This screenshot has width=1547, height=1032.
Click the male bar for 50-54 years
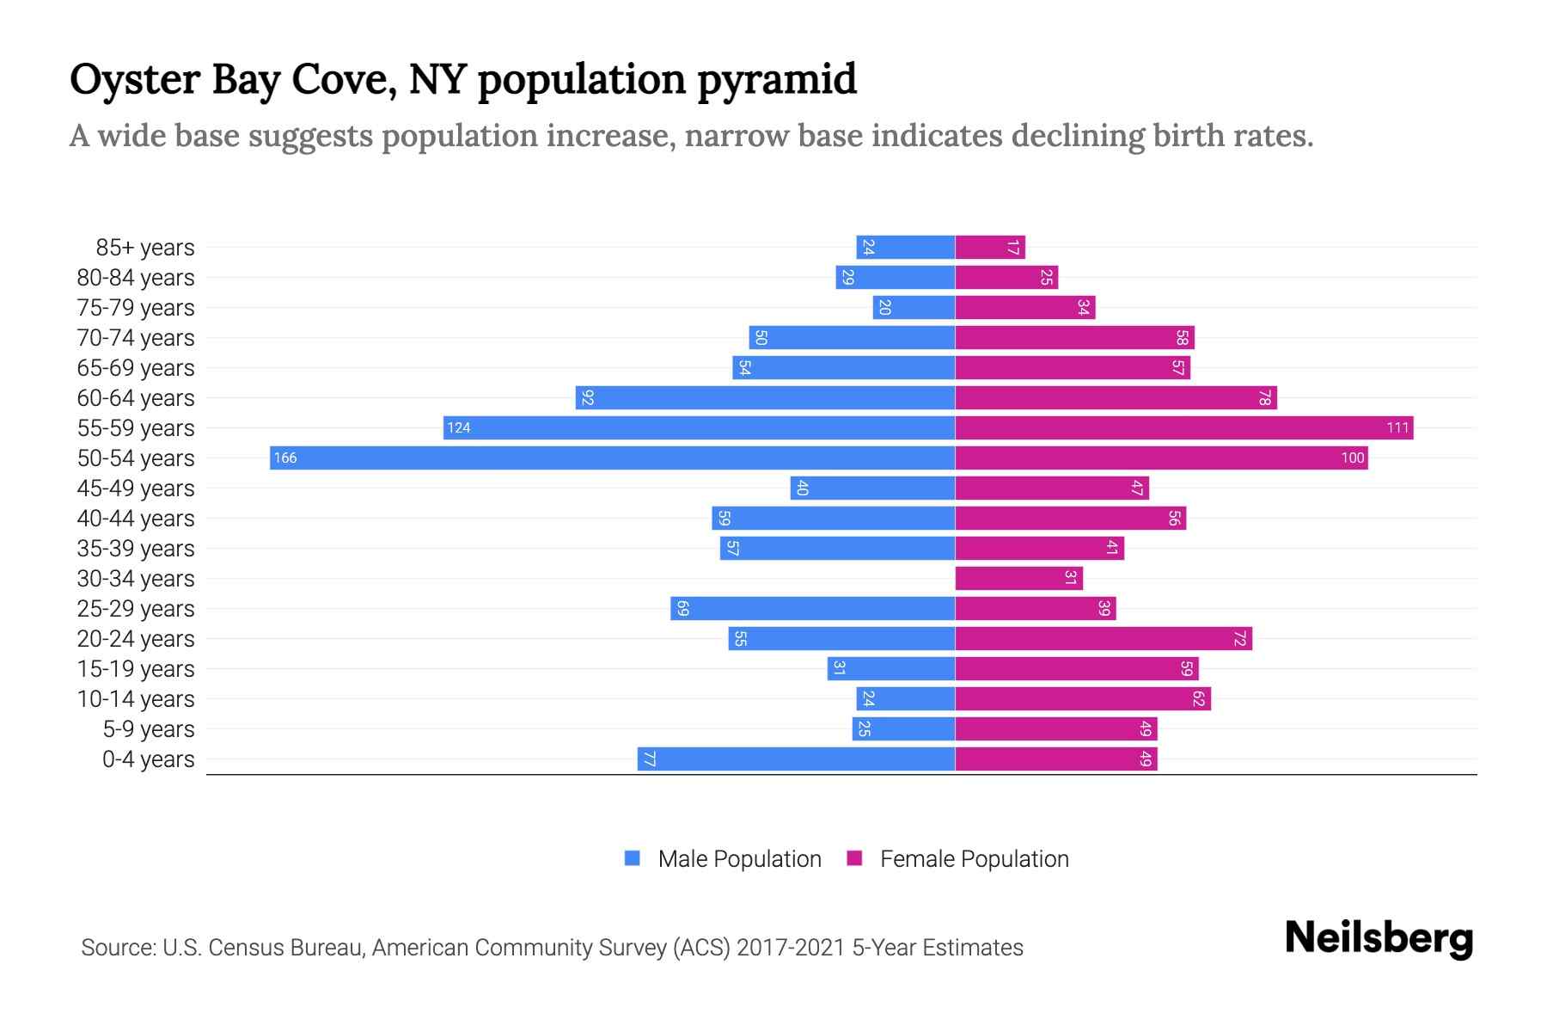(612, 458)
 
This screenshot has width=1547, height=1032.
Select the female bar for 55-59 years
(1183, 427)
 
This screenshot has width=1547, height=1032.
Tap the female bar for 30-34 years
(1018, 578)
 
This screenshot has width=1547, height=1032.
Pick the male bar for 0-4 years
(796, 759)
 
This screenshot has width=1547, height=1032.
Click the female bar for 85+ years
(990, 248)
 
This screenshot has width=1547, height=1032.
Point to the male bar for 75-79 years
(914, 308)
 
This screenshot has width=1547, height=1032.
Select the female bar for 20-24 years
(1104, 638)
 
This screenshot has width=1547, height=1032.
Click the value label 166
(285, 458)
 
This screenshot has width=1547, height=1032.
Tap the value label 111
(1397, 427)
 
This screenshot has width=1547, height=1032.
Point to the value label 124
(459, 427)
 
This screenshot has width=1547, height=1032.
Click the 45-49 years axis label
(136, 488)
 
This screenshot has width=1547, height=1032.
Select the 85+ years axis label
(145, 248)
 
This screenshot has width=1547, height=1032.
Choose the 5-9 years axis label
(149, 728)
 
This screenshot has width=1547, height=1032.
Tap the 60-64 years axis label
(136, 397)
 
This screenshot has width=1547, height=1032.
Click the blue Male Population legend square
(633, 858)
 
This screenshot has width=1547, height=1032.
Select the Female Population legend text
(974, 858)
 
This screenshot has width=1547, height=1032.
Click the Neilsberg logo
(1379, 938)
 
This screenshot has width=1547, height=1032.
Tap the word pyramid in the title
(777, 80)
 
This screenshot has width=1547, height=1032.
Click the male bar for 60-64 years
(765, 397)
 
